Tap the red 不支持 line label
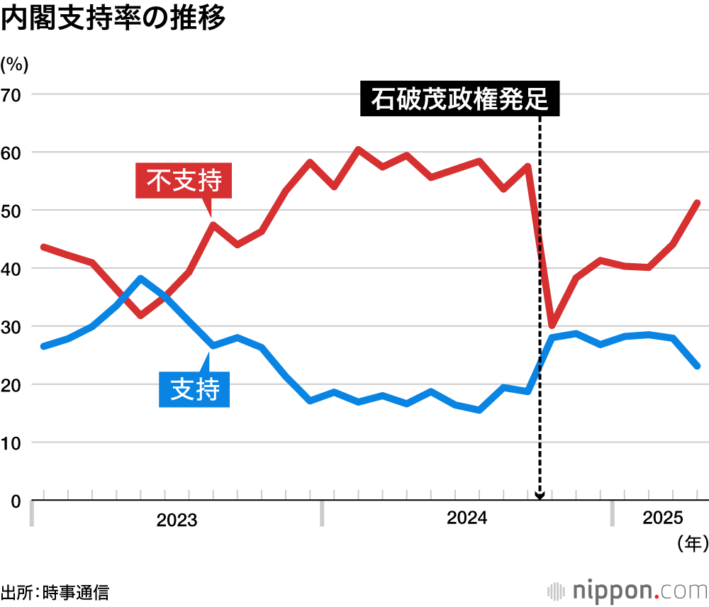click(184, 180)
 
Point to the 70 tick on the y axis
click(14, 94)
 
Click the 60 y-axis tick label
click(14, 152)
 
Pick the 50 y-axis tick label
click(14, 211)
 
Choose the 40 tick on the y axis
click(14, 269)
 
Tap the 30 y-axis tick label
click(14, 327)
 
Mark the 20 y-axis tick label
click(14, 385)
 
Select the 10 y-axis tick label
click(14, 443)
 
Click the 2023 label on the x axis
click(177, 520)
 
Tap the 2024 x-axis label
click(467, 518)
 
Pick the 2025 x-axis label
click(663, 518)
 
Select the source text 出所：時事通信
click(55, 592)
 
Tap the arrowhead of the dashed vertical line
click(540, 496)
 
